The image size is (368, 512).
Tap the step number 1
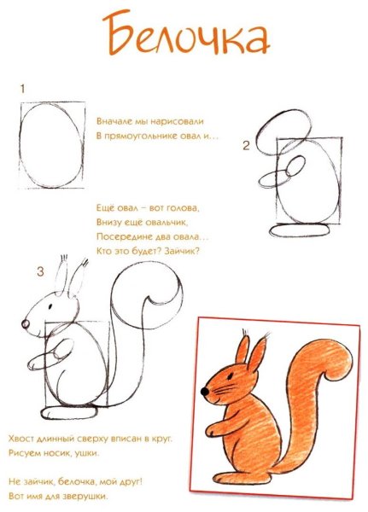tap(22, 88)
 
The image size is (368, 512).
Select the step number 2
tap(245, 146)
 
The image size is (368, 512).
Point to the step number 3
tap(39, 271)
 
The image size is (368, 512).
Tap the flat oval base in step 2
tap(297, 228)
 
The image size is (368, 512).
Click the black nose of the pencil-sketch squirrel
tap(26, 325)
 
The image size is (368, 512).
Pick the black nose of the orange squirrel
tap(205, 391)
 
